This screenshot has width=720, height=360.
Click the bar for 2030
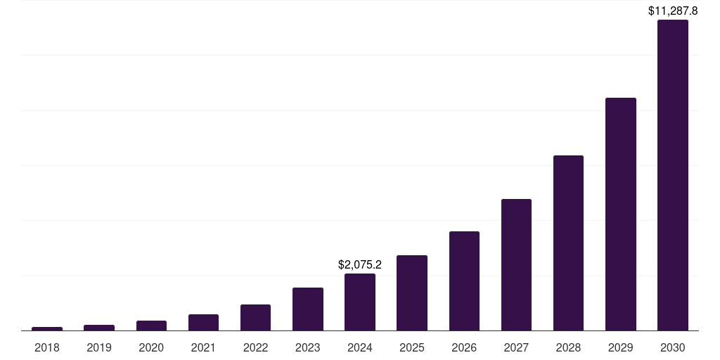pyautogui.click(x=672, y=175)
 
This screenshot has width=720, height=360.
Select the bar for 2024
pyautogui.click(x=359, y=302)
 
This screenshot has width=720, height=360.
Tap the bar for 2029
pyautogui.click(x=620, y=214)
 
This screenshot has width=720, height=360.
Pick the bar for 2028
pyautogui.click(x=568, y=243)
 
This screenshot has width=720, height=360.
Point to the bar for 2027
pyautogui.click(x=516, y=264)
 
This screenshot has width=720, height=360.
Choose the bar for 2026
pyautogui.click(x=464, y=281)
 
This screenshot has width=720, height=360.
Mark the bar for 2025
pyautogui.click(x=412, y=292)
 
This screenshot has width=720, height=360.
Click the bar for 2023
pyautogui.click(x=308, y=309)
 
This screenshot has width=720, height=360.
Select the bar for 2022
pyautogui.click(x=255, y=317)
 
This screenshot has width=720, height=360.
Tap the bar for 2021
pyautogui.click(x=203, y=322)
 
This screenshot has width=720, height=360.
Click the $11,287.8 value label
pyautogui.click(x=672, y=11)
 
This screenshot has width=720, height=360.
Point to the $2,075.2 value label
pyautogui.click(x=359, y=265)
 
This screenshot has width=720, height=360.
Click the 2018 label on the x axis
pyautogui.click(x=47, y=347)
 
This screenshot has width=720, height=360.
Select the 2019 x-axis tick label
pyautogui.click(x=99, y=347)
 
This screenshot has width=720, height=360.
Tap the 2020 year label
pyautogui.click(x=151, y=347)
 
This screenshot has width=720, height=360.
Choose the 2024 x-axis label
pyautogui.click(x=359, y=347)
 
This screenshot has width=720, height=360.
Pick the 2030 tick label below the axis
pyautogui.click(x=672, y=347)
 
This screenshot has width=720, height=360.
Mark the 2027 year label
pyautogui.click(x=516, y=347)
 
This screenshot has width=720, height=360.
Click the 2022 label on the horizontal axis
pyautogui.click(x=255, y=347)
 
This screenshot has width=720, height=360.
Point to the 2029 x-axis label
pyautogui.click(x=620, y=347)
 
